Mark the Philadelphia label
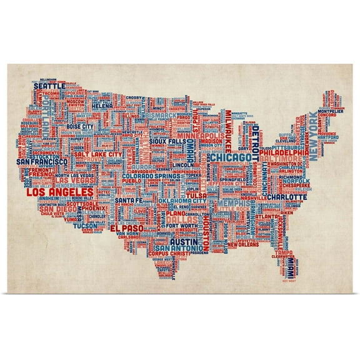(x=282, y=151)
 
